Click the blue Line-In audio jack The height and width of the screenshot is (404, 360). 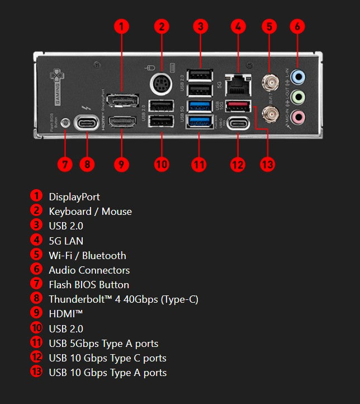(299, 76)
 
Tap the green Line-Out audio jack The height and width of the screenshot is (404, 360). (299, 97)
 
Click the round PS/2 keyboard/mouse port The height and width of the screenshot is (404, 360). (161, 85)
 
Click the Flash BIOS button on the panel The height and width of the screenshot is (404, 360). (65, 121)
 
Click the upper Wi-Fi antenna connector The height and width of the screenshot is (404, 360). (272, 84)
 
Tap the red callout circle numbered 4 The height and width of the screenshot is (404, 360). (238, 26)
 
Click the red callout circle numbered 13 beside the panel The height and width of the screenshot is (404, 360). (268, 164)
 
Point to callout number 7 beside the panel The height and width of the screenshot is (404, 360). (65, 164)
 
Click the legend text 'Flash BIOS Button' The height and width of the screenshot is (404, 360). (89, 285)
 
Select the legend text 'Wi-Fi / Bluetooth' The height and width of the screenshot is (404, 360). (87, 256)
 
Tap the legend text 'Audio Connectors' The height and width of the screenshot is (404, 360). (89, 270)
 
